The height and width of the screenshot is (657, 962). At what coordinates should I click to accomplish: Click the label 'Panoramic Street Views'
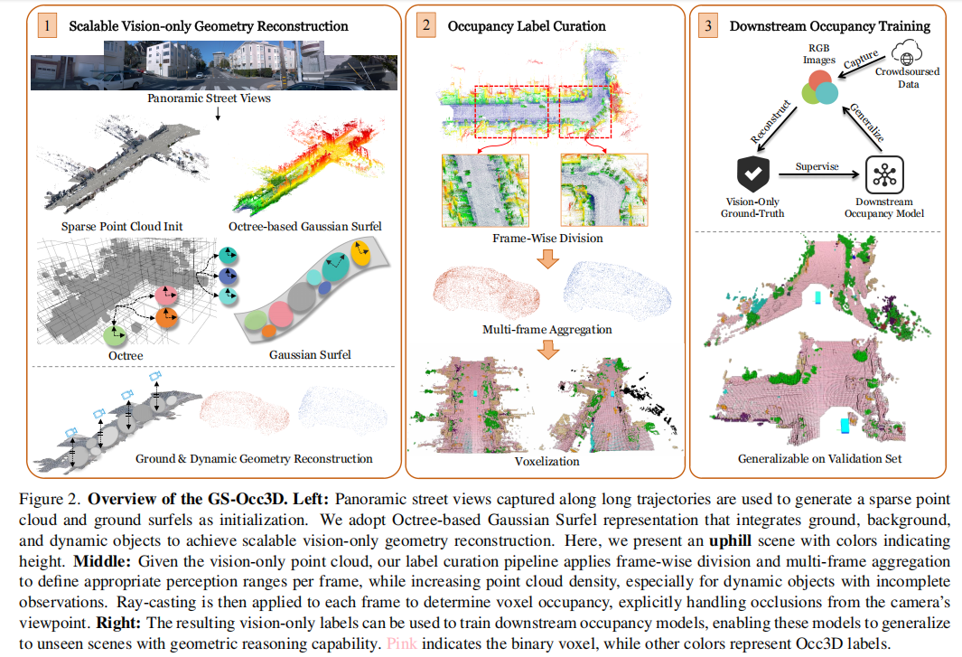[x=209, y=99]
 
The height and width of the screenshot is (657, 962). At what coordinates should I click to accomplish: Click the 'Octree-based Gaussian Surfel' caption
[x=304, y=227]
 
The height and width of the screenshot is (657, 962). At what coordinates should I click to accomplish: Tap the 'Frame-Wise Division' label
[x=547, y=239]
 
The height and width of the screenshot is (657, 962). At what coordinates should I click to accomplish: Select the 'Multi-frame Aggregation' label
[x=547, y=330]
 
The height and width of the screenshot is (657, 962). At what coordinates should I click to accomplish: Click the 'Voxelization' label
[x=548, y=462]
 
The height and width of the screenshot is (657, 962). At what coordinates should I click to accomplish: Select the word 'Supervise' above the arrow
[x=817, y=166]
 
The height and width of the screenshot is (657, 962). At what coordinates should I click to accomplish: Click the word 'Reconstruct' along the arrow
[x=769, y=120]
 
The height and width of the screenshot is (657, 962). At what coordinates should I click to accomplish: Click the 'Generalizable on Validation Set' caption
[x=818, y=458]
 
